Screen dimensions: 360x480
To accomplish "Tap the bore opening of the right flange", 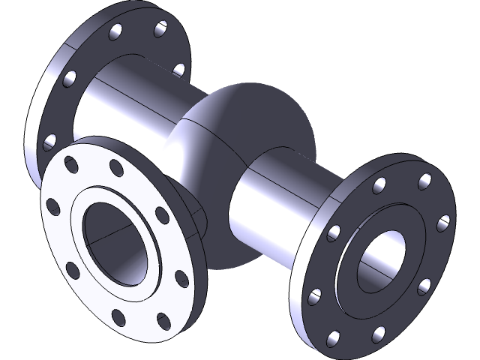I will (383, 259).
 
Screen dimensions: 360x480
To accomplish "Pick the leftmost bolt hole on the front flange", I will (53, 205).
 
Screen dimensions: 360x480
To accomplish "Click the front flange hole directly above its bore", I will (115, 166).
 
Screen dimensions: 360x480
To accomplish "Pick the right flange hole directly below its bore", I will (379, 332).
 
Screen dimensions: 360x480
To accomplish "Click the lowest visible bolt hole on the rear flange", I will (51, 140).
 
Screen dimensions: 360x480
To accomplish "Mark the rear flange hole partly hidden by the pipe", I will (178, 70).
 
